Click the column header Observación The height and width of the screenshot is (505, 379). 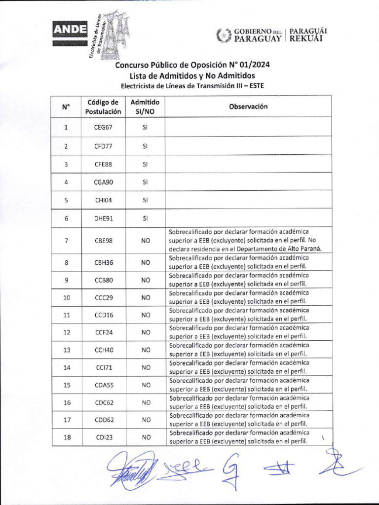[248, 107]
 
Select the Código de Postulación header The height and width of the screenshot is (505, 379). [103, 107]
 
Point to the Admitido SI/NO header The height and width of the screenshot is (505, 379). [145, 107]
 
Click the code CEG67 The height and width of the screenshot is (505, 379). [103, 127]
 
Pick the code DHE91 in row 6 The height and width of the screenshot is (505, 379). [103, 218]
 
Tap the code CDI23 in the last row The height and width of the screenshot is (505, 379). [103, 437]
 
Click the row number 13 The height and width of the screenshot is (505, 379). [67, 350]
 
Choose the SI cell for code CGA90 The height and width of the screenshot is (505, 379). [145, 182]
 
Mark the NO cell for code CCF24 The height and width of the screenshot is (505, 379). [145, 332]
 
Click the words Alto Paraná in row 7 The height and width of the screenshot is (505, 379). [303, 249]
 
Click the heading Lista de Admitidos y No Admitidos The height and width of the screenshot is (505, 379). [192, 75]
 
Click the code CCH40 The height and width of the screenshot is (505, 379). [103, 350]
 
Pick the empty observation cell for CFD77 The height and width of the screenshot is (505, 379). [248, 146]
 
